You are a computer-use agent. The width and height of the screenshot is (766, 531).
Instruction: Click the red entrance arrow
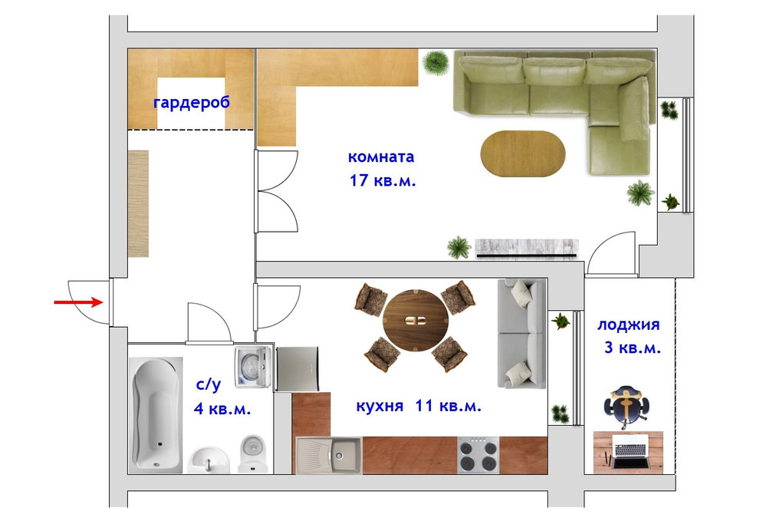79,302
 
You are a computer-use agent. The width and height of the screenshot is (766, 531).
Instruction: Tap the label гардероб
191,103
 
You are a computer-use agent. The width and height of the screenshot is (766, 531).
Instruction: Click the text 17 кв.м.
382,180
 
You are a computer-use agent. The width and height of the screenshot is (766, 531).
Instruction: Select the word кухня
380,406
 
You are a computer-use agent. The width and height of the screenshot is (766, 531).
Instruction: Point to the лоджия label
628,325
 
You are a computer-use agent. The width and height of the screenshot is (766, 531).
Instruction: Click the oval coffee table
523,153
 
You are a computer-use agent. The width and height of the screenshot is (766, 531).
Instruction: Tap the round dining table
416,320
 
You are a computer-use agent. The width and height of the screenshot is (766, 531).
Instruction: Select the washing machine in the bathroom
252,368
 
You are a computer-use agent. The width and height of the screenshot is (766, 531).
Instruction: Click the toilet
253,453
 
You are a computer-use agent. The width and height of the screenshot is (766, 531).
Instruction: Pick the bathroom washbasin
209,460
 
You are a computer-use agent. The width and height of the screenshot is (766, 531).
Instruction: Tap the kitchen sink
329,455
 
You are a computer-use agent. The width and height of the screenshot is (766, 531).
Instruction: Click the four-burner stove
478,455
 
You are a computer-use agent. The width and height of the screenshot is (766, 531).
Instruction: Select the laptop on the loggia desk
631,450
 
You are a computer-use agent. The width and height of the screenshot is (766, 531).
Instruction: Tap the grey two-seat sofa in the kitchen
521,334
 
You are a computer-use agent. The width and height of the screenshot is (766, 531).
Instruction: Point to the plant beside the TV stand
459,247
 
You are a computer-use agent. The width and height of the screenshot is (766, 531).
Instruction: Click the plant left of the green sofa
436,62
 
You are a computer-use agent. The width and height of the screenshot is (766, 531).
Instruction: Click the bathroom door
208,323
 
